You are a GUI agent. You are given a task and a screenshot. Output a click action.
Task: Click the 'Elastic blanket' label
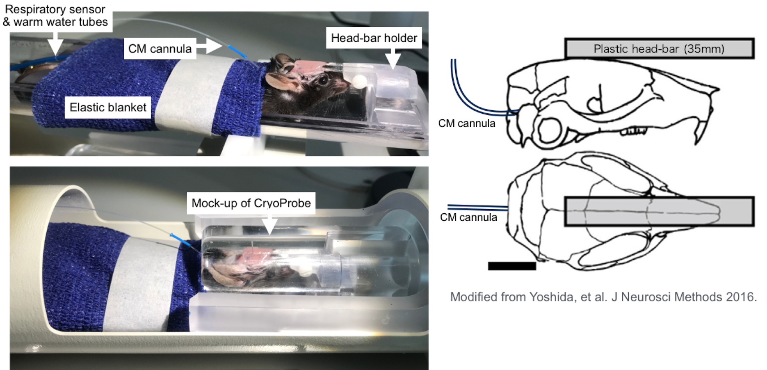click(x=108, y=107)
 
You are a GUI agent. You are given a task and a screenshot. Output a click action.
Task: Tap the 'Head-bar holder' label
click(x=374, y=38)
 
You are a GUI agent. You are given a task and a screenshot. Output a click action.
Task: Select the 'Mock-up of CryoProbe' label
click(x=251, y=203)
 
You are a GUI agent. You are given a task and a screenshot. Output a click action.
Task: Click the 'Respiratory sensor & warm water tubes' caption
click(x=55, y=16)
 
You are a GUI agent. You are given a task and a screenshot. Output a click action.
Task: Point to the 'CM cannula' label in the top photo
click(x=160, y=49)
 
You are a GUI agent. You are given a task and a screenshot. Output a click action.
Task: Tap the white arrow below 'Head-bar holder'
click(x=393, y=59)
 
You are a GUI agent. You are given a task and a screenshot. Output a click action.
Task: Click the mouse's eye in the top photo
click(x=324, y=80)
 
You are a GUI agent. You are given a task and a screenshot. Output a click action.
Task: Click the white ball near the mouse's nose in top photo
click(x=360, y=80)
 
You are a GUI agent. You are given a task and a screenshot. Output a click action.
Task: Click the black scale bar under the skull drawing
click(x=512, y=266)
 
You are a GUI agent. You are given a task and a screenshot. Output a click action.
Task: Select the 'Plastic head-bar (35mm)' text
click(x=659, y=49)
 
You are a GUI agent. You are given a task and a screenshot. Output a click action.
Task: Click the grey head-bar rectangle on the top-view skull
click(x=659, y=211)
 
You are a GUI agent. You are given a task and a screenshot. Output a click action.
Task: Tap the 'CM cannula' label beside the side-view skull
click(x=467, y=123)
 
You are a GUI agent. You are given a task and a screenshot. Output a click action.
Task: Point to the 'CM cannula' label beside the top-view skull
click(x=468, y=217)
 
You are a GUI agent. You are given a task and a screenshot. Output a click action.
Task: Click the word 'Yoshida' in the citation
click(x=552, y=297)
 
